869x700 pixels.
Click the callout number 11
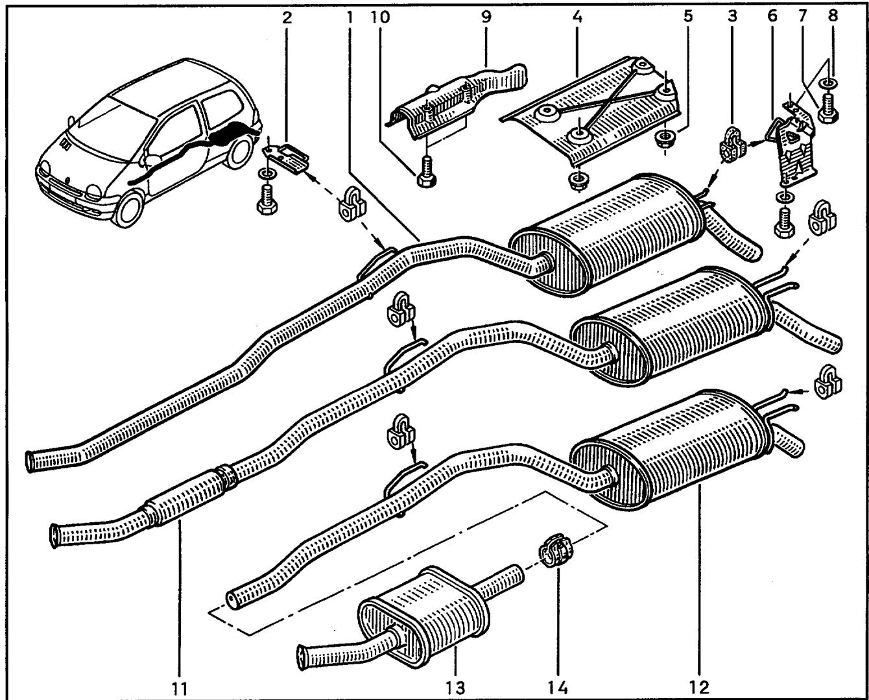coord(180,687)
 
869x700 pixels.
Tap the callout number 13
coord(455,686)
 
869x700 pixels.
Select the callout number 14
coord(558,686)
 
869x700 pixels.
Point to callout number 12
coord(699,686)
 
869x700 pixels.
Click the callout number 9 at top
coord(486,17)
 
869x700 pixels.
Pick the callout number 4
coord(577,17)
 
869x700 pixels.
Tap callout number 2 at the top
coord(287,18)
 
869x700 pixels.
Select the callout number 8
coord(833,16)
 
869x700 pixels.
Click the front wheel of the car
coord(130,208)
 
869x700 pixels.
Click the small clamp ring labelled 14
coord(556,552)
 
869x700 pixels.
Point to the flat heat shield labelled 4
coord(590,113)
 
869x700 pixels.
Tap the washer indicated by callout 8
coord(827,84)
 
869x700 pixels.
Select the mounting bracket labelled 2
coord(286,159)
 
